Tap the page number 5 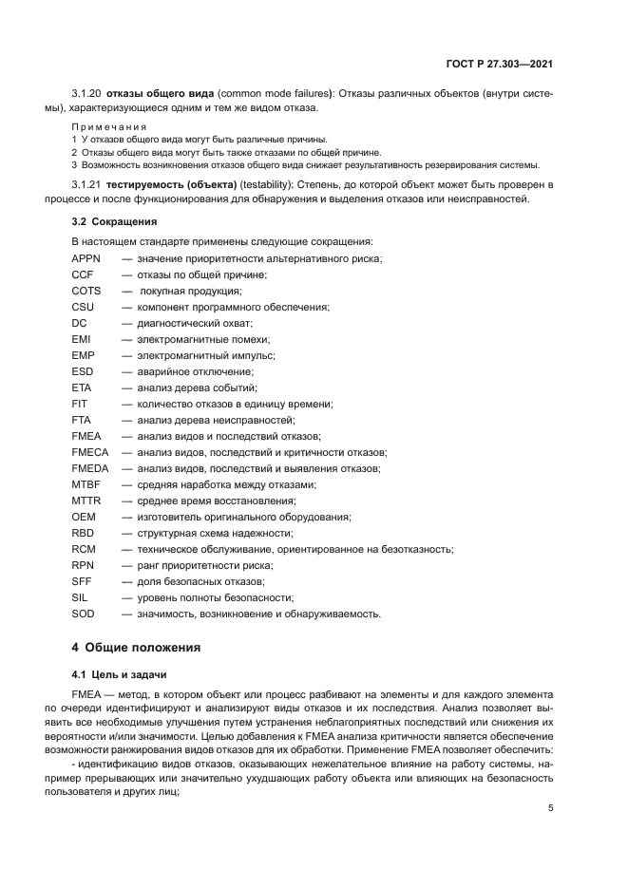point(551,808)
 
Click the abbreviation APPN point(86,258)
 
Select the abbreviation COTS point(86,291)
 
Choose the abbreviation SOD point(85,614)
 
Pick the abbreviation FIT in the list point(80,404)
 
